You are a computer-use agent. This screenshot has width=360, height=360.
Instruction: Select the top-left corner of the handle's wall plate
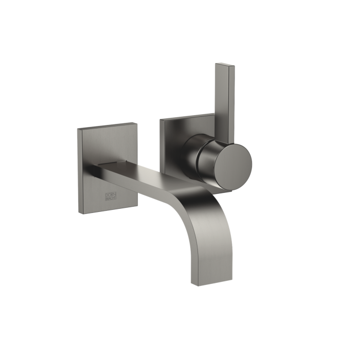[x=160, y=119]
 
